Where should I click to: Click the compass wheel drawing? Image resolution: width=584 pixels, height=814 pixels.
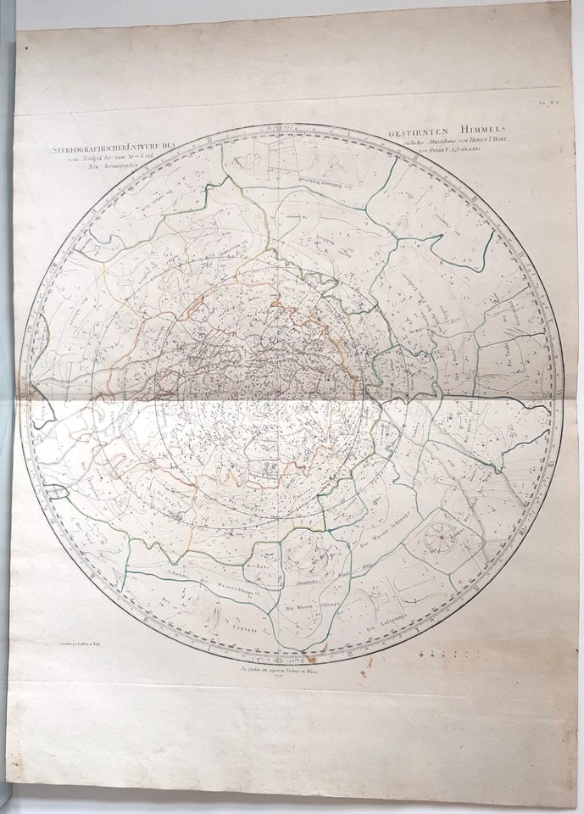pos(442,537)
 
